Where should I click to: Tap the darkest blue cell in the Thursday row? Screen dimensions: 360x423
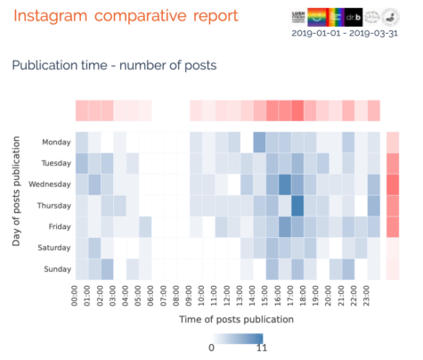tap(298, 205)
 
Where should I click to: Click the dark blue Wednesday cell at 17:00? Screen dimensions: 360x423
tap(285, 184)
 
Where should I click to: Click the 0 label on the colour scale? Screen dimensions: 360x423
tap(212, 348)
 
